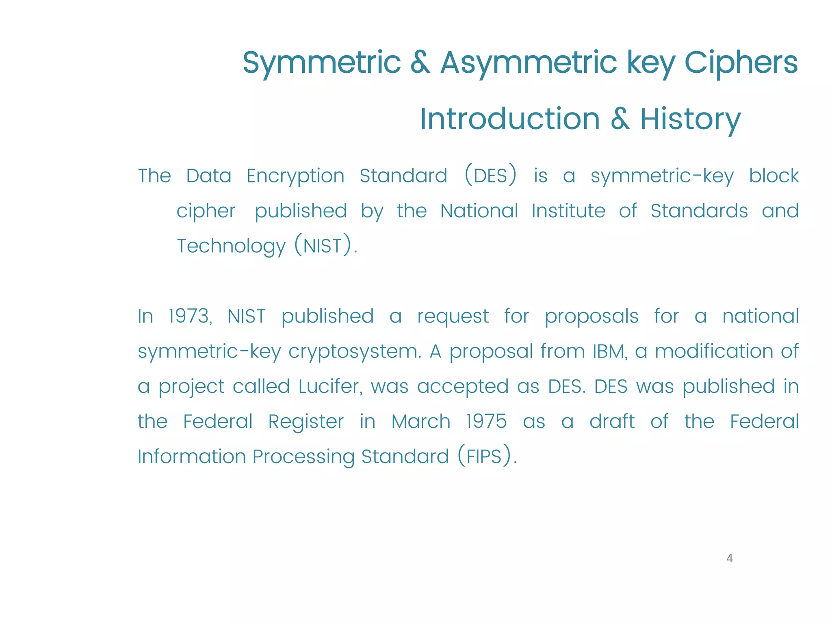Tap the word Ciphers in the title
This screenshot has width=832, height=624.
point(741,63)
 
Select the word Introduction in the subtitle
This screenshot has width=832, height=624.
point(509,119)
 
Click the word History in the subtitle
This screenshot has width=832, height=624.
point(690,119)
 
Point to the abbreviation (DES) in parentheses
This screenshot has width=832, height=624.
point(491,175)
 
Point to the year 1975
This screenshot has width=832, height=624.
point(486,421)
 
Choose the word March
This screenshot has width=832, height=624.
point(421,421)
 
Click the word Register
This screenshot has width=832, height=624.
point(306,422)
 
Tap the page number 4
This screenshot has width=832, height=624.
point(729,559)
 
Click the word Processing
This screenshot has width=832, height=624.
point(303,457)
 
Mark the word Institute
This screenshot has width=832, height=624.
point(568,211)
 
